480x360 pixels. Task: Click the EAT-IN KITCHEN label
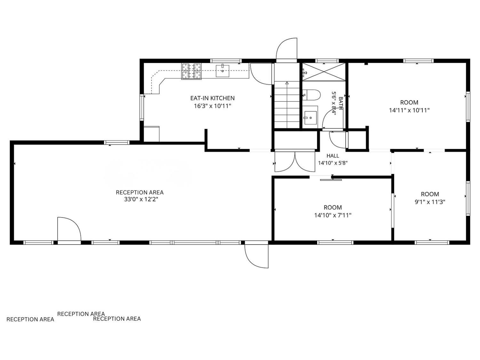[212, 98]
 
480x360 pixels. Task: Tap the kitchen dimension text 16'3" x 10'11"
[212, 106]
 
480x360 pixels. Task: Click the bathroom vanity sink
[310, 118]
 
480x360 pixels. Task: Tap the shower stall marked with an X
[324, 72]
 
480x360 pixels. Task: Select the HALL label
[332, 156]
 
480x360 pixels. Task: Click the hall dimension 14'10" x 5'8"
[332, 163]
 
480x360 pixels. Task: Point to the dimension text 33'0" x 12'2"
[141, 199]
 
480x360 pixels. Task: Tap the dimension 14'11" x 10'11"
[409, 110]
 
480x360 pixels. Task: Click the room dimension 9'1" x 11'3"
[430, 202]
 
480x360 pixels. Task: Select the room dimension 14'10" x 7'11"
[332, 215]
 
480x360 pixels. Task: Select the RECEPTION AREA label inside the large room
[140, 192]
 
